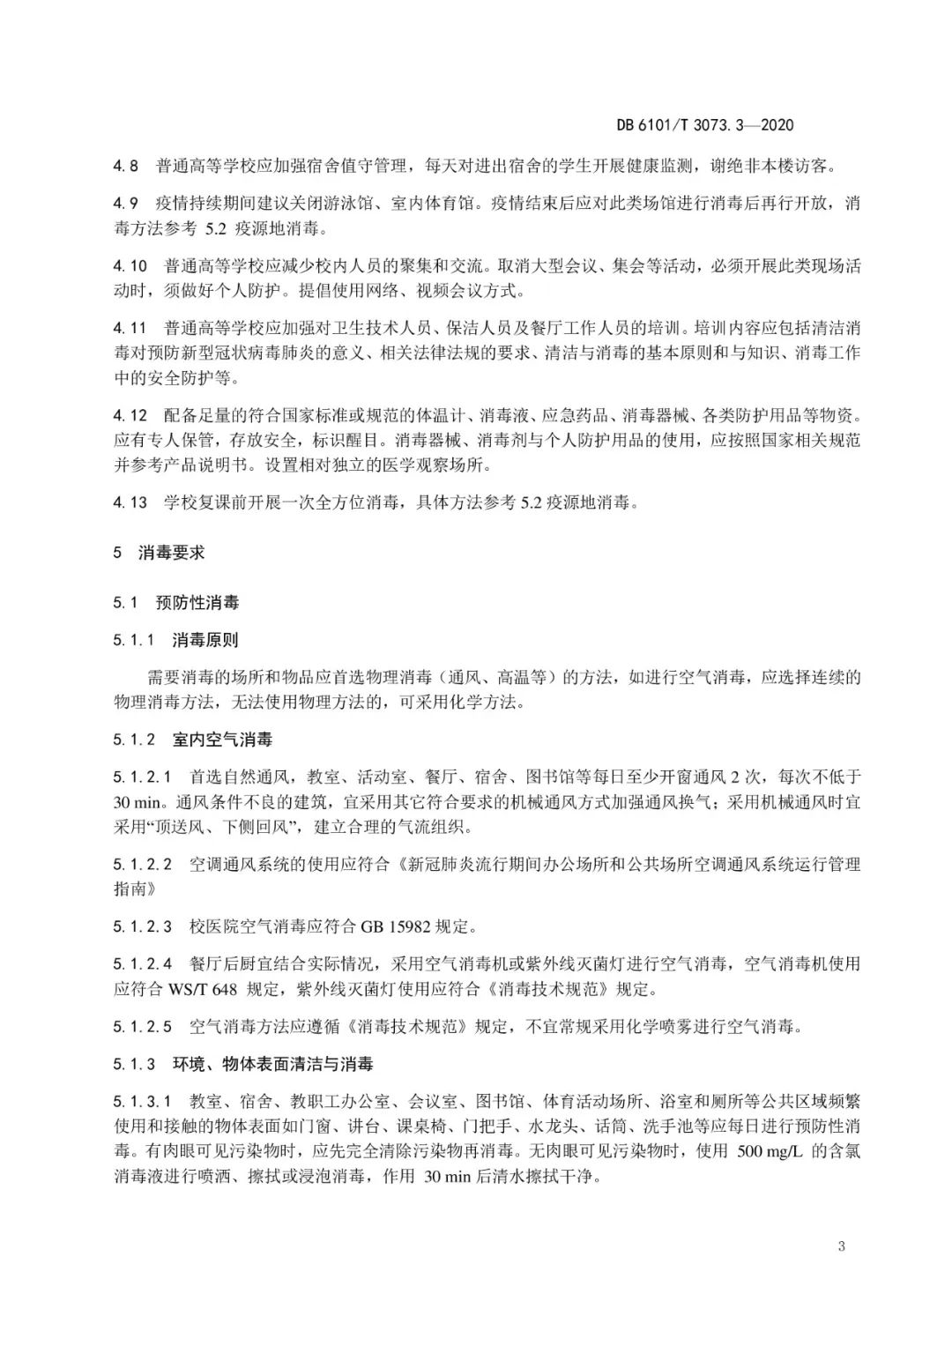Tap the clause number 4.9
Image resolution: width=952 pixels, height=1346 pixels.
coord(126,204)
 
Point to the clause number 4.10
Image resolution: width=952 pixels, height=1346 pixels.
coord(130,265)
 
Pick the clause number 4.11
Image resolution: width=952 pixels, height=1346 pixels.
coord(130,328)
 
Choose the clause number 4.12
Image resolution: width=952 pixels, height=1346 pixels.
coord(130,414)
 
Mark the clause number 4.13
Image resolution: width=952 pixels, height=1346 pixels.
coord(130,502)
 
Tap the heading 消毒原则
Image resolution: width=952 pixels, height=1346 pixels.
coord(205,640)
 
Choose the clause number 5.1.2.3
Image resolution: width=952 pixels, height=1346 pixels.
coord(143,926)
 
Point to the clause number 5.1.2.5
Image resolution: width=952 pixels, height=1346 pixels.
coord(143,1026)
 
